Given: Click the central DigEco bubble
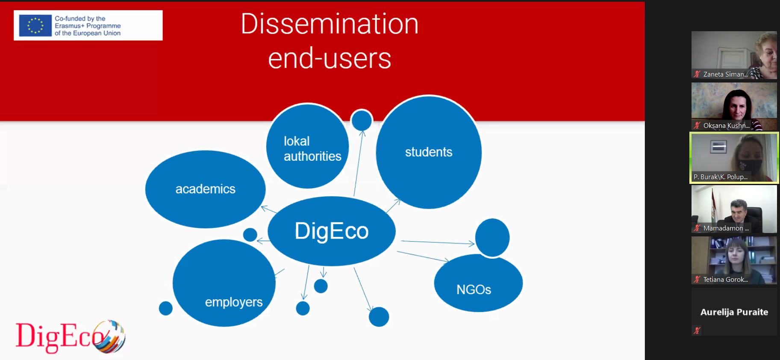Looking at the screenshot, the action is pos(332,231).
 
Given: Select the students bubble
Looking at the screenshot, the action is pos(429,152).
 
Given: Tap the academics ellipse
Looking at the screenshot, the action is pos(206,189).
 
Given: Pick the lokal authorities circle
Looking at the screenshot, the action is pos(308,146).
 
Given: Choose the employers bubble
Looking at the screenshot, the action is pos(224,283).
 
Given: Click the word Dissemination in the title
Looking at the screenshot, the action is pos(330,24).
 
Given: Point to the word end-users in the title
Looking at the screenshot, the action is pos(330,59).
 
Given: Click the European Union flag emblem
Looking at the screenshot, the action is pos(35,26).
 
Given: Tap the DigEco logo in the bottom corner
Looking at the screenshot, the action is pos(71,337).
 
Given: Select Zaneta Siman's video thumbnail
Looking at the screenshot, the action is pos(734,55).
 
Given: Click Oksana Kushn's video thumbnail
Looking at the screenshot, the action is pos(734,106).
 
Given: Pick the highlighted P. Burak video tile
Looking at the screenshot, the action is pos(734,158).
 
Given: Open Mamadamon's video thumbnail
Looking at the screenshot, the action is pos(734,209).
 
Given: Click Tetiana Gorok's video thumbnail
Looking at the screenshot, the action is pos(734,260).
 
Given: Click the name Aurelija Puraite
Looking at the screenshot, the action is pos(734,312).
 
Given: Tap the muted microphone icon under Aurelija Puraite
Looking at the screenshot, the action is pos(697,330).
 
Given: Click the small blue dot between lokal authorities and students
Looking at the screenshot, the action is pos(362,120).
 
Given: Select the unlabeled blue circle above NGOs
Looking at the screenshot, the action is pos(492,238).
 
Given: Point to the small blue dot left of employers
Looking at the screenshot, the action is pos(166,308).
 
